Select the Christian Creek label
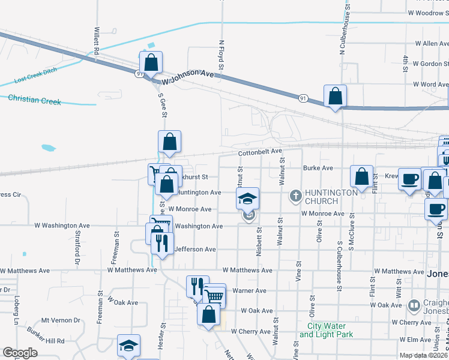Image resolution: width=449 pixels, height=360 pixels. [35, 100]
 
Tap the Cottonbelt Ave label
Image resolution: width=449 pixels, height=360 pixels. [260, 153]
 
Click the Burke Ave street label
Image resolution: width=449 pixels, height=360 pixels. [318, 169]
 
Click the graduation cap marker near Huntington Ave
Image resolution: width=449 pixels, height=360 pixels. [247, 198]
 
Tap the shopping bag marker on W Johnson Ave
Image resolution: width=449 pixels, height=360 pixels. [151, 61]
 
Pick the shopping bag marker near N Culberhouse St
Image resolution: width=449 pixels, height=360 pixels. [335, 95]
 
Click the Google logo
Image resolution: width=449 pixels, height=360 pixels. [20, 353]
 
